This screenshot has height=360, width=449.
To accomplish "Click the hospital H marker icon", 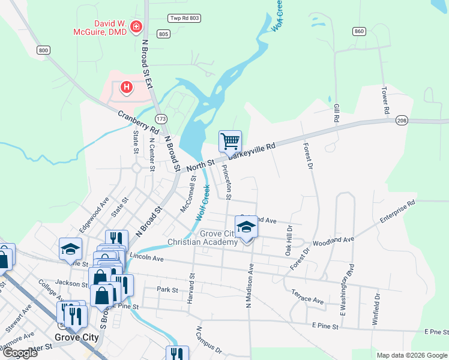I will coord(126,88).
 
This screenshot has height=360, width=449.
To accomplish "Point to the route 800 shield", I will coord(43,50).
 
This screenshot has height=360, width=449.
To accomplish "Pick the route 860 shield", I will coord(360,31).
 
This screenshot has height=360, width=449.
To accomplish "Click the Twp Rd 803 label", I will coord(182,19).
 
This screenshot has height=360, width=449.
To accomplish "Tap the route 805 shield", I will coord(163,34).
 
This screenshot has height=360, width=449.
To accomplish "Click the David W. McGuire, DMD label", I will coord(100,28).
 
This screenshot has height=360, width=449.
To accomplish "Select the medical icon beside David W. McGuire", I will coord(136,26).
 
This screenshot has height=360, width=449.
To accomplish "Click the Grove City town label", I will coord(76,337).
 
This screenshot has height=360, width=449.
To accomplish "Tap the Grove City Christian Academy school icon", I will coord(246,227).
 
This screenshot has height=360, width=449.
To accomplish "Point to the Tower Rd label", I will coord(385,101).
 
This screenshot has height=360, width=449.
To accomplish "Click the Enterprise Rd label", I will coord(397,213).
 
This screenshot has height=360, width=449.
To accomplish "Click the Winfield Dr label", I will coord(377,308).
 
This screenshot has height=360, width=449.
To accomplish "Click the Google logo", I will coord(19,353).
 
